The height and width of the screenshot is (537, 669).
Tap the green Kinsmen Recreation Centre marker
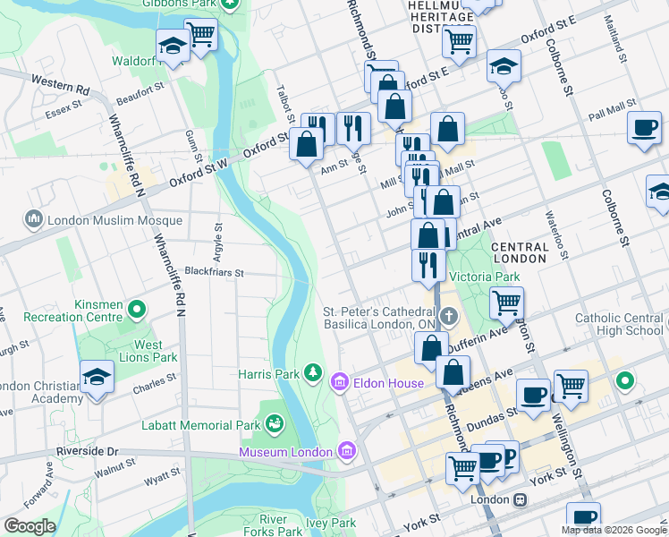(137, 310)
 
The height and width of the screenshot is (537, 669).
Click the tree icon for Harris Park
(313, 372)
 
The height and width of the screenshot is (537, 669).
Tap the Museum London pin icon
(347, 452)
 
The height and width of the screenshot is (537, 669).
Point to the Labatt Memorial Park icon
(275, 421)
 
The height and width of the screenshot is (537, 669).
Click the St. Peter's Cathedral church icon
(449, 316)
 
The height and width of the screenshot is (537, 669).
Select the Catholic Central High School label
(619, 323)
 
